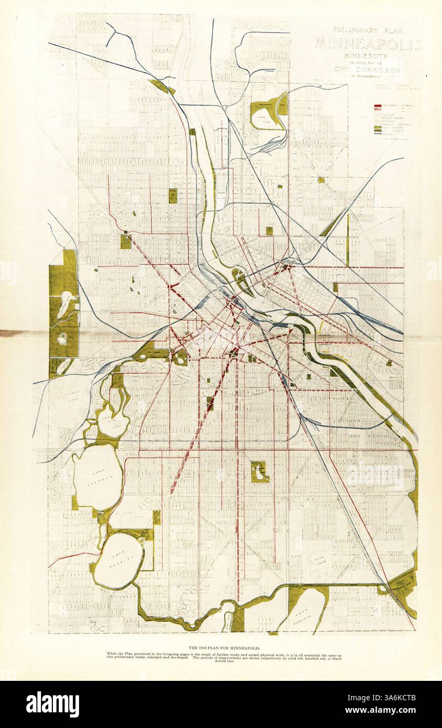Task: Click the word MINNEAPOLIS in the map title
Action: click(x=368, y=44)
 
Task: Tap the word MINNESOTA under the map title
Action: click(x=366, y=56)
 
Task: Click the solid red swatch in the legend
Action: click(x=378, y=106)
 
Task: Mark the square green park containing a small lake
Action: click(x=259, y=472)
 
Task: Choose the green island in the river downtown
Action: click(x=242, y=280)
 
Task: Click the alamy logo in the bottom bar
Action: click(x=52, y=704)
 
